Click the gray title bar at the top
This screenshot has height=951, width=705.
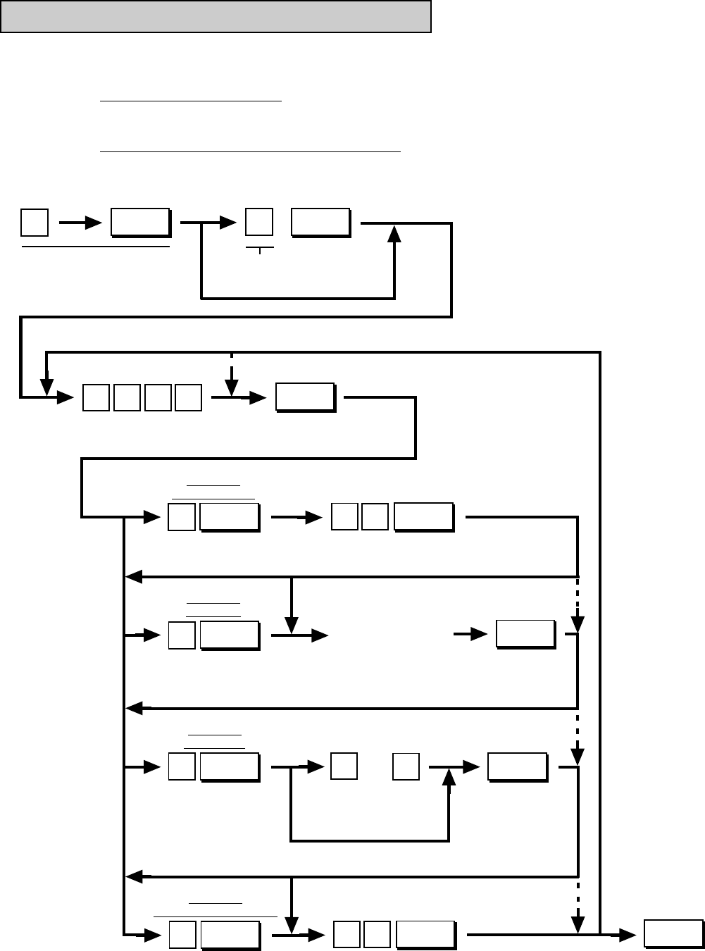point(216,17)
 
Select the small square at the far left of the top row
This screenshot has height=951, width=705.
point(34,223)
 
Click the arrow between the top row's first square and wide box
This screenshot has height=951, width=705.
point(80,223)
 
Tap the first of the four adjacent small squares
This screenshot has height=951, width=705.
point(96,397)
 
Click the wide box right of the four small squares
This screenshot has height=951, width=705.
point(305,397)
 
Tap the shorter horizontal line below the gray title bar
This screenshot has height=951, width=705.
point(190,101)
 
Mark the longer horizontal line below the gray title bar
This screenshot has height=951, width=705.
point(250,151)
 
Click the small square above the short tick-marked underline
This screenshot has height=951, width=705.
point(258,223)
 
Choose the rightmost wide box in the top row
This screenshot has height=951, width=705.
point(320,223)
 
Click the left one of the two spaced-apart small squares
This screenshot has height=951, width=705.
point(344,766)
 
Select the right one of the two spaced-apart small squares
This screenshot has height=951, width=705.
point(406,766)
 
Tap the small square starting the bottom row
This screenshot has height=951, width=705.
point(182,935)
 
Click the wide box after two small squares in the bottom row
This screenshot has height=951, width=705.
point(425,935)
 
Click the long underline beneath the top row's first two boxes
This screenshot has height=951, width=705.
point(96,247)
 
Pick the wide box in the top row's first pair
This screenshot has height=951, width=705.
point(139,223)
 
